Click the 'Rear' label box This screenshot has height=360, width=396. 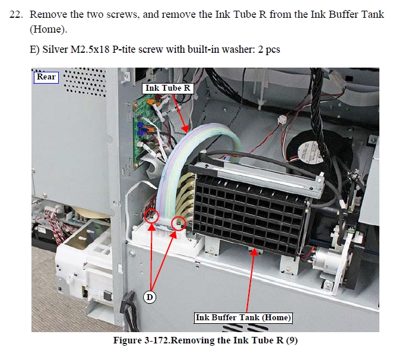[x=46, y=77]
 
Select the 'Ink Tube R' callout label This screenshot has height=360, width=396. [x=167, y=88]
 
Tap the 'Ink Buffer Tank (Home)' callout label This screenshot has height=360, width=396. [x=243, y=318]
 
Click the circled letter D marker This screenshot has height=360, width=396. [x=150, y=297]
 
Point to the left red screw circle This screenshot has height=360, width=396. [x=151, y=216]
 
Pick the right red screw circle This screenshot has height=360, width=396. [x=179, y=224]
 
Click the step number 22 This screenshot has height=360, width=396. [x=15, y=15]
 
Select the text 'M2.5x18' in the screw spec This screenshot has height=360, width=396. [x=90, y=49]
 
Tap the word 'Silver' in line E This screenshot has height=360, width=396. [x=55, y=49]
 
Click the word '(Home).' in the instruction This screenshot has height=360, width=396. [x=48, y=30]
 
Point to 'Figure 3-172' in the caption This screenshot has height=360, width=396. [x=142, y=340]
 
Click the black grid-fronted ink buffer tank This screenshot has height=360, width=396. [x=250, y=209]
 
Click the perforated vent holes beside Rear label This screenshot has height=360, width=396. [x=84, y=82]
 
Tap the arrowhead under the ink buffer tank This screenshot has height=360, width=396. [x=255, y=251]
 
